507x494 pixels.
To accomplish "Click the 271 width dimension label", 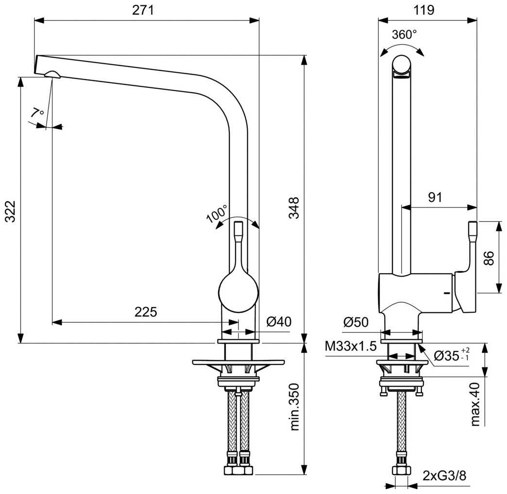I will [x=146, y=10].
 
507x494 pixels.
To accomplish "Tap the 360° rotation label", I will [x=404, y=34].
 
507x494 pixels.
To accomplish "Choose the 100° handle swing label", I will [x=217, y=213].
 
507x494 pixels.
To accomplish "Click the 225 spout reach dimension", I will [x=146, y=312].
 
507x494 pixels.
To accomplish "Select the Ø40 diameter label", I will [x=279, y=321].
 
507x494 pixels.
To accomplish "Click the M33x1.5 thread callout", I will [x=351, y=346].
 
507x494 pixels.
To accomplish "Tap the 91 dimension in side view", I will [x=435, y=197].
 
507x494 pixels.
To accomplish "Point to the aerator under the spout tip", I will [x=51, y=74].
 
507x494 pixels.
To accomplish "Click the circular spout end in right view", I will [x=402, y=65].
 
